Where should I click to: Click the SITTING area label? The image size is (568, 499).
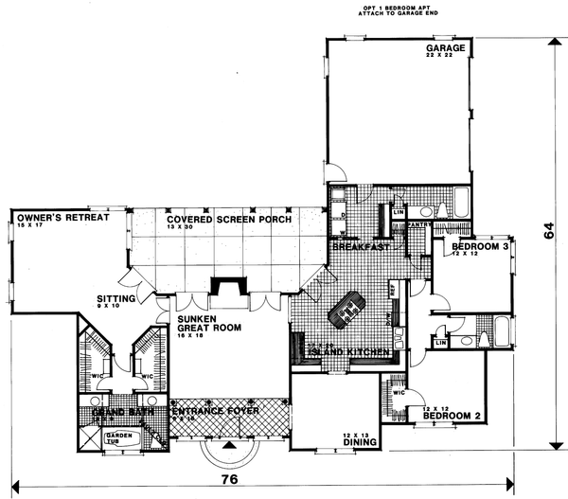coord(115,298)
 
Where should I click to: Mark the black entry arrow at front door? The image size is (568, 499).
coord(227,444)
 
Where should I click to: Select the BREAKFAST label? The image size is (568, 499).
coord(361,246)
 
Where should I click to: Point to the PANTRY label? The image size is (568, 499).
coord(420,224)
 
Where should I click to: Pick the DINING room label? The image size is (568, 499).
coord(361,441)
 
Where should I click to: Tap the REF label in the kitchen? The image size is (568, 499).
coord(391,289)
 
